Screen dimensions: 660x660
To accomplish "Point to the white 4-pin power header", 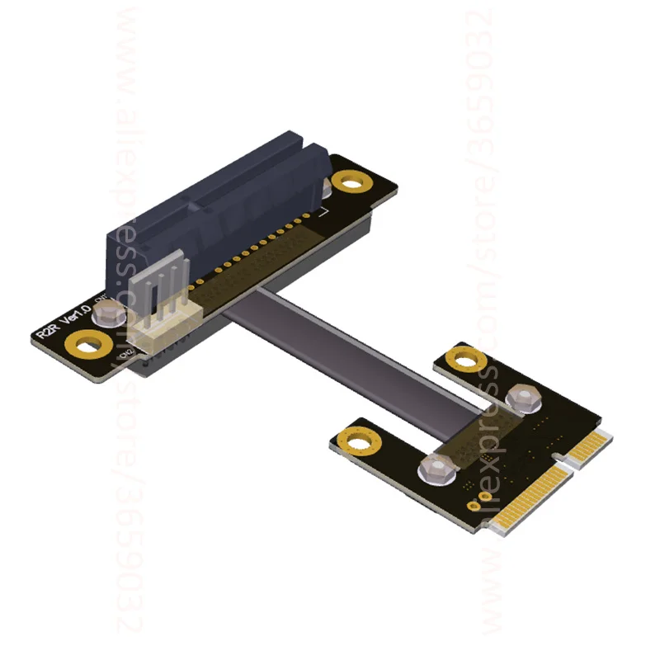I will pos(166,309).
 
